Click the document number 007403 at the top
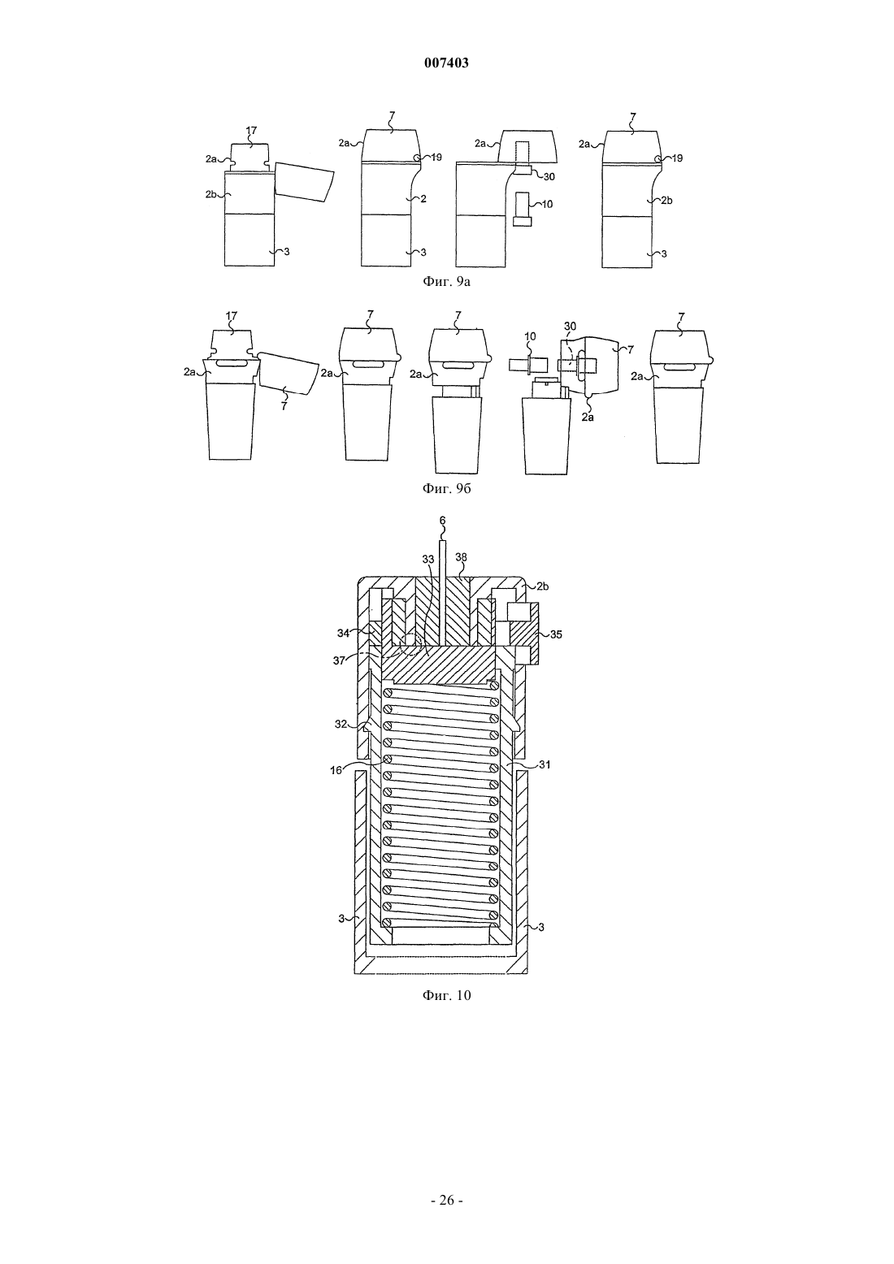[x=446, y=63]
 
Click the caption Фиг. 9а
[x=446, y=282]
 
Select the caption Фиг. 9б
[x=446, y=488]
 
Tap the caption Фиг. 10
[x=446, y=995]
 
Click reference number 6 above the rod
[x=442, y=520]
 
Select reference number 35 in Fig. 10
[x=556, y=634]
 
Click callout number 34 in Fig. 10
[x=344, y=633]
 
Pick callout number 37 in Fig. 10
[x=339, y=660]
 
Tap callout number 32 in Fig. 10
[x=341, y=724]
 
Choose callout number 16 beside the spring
[x=336, y=770]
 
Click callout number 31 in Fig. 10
[x=545, y=764]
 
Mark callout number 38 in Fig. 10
[x=462, y=557]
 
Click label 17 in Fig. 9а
[x=251, y=131]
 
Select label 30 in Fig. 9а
[x=549, y=176]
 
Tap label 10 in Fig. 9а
[x=547, y=204]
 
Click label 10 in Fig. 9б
[x=530, y=337]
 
